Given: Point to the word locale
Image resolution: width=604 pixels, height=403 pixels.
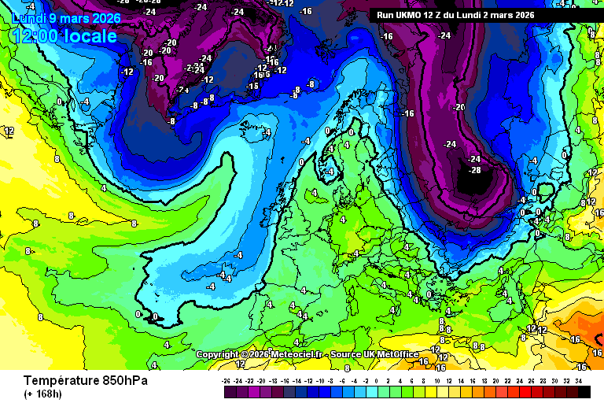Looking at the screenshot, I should [x=91, y=36].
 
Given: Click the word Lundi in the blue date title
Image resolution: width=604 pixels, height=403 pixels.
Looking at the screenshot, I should [x=28, y=17].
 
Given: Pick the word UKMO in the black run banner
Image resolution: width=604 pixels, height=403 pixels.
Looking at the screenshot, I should [x=411, y=14].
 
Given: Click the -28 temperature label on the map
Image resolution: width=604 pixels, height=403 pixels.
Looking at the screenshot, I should [x=474, y=170].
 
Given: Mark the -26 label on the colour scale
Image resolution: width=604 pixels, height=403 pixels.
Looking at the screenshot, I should [x=226, y=381].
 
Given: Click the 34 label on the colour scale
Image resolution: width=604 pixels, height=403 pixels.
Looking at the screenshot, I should [x=578, y=381].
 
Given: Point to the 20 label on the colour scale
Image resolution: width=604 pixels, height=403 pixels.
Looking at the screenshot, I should [x=496, y=381].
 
